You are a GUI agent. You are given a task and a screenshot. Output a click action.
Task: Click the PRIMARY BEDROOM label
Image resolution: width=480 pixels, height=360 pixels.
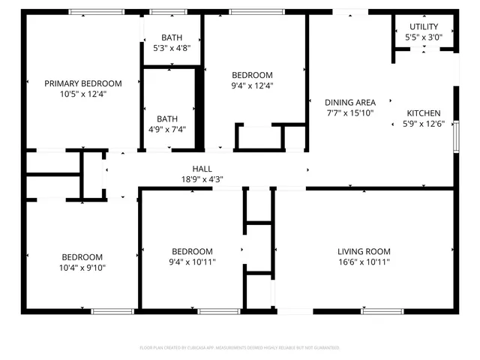click(x=82, y=83)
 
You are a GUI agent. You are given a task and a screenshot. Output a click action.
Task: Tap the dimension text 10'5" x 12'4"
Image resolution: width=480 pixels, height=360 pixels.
click(x=82, y=94)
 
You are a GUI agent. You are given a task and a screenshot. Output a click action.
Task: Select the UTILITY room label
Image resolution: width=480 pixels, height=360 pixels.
click(x=424, y=26)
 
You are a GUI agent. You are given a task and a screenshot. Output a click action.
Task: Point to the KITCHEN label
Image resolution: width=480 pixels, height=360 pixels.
click(x=424, y=113)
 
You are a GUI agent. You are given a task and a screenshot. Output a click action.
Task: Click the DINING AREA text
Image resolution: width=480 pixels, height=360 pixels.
click(x=349, y=103)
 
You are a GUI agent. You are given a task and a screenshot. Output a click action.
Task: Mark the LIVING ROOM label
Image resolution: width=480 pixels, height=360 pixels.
click(x=364, y=251)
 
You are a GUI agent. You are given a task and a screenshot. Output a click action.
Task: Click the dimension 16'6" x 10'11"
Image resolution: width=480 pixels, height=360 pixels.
click(x=364, y=262)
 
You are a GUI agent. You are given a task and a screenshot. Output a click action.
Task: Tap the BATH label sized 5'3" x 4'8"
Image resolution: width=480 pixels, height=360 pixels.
click(x=172, y=38)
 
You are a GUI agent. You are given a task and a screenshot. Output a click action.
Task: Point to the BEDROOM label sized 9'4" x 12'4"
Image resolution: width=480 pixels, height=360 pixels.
click(x=252, y=75)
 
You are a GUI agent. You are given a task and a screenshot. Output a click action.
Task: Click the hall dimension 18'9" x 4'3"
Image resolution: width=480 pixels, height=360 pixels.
click(x=202, y=179)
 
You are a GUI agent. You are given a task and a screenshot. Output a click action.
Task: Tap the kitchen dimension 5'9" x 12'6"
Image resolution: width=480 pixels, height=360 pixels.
click(x=424, y=124)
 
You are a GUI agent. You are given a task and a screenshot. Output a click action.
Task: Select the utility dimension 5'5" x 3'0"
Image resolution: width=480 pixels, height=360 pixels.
click(x=424, y=37)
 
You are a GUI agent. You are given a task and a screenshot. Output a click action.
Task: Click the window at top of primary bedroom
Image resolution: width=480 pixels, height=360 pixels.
click(x=97, y=12)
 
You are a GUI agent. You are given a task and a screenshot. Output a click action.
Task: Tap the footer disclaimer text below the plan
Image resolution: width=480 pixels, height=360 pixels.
click(x=240, y=348)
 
